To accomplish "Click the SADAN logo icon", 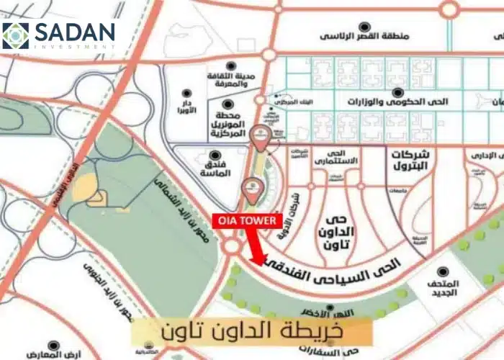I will [16, 35].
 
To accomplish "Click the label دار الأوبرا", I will [187, 114].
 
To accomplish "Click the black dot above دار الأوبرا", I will [187, 94].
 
